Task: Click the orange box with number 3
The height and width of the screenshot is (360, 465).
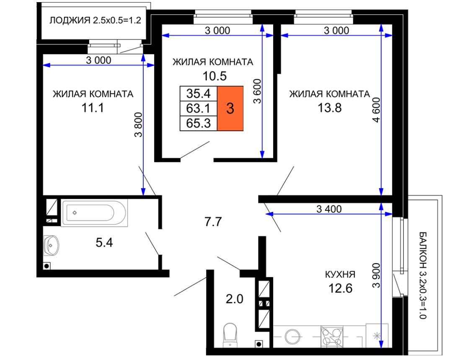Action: click(x=230, y=108)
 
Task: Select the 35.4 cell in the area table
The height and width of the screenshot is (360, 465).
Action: click(x=199, y=93)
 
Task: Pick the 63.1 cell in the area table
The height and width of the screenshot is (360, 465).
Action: click(x=199, y=108)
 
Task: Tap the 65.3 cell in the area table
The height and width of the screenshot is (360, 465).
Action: click(x=199, y=123)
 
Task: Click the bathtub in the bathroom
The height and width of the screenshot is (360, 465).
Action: click(x=94, y=212)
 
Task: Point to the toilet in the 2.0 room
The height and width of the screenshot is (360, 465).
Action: click(x=230, y=335)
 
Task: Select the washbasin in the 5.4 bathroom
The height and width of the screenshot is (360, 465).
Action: click(x=51, y=246)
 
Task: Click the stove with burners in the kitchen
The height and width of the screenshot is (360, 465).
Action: click(x=332, y=336)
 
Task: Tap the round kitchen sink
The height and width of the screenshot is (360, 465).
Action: click(x=292, y=337)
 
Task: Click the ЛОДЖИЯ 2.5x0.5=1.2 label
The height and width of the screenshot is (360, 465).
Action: click(x=95, y=21)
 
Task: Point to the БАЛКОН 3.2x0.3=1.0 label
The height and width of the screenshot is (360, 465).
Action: click(x=423, y=275)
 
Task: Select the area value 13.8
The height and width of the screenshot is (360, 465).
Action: click(x=329, y=108)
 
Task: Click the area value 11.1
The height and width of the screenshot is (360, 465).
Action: click(x=93, y=108)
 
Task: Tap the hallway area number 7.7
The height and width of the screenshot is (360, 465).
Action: click(x=213, y=222)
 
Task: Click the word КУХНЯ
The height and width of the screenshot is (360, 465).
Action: click(x=340, y=275)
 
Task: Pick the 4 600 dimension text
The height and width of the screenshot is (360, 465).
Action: click(x=376, y=110)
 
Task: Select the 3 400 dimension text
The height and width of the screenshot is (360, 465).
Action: click(x=329, y=209)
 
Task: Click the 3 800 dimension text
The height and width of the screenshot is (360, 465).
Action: click(x=139, y=124)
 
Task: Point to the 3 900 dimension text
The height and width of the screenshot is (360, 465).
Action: click(x=376, y=275)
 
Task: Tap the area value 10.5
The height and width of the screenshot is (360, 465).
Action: click(x=214, y=76)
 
